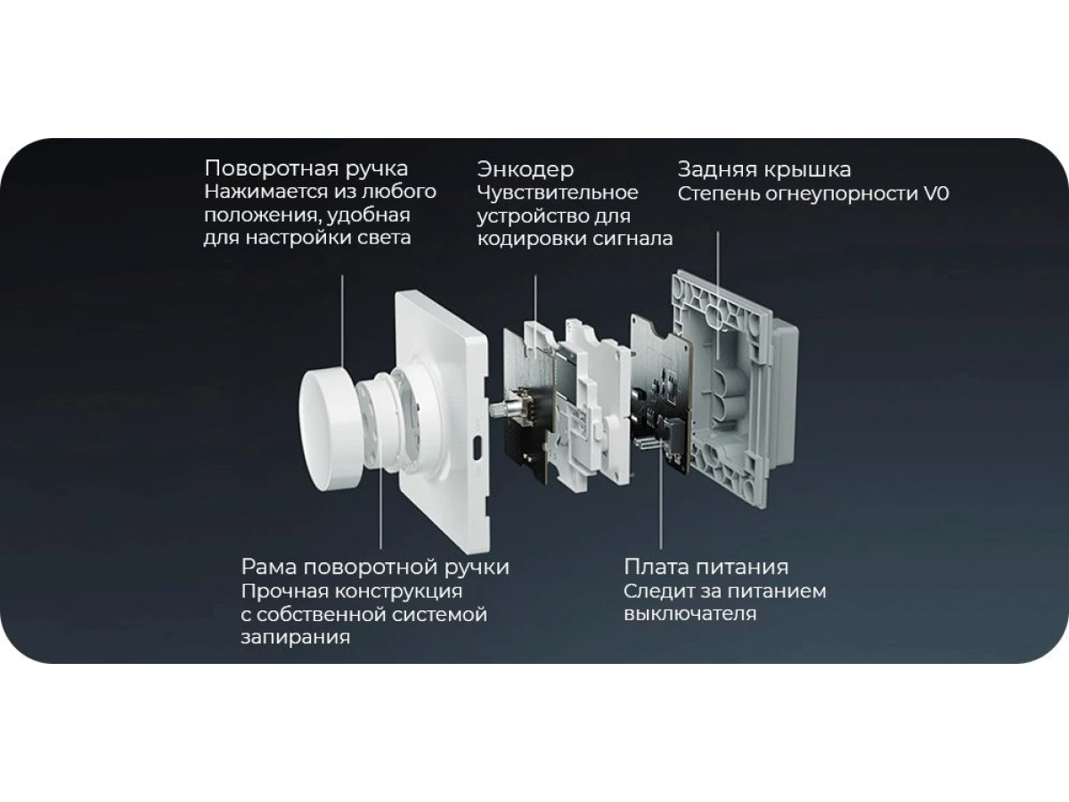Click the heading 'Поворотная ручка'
[x=306, y=169]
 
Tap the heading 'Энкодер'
[x=526, y=169]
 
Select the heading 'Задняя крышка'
[x=764, y=169]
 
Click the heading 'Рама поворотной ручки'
[x=375, y=568]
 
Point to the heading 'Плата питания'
[x=706, y=567]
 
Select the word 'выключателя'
[x=690, y=614]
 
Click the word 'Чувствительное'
[x=558, y=192]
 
